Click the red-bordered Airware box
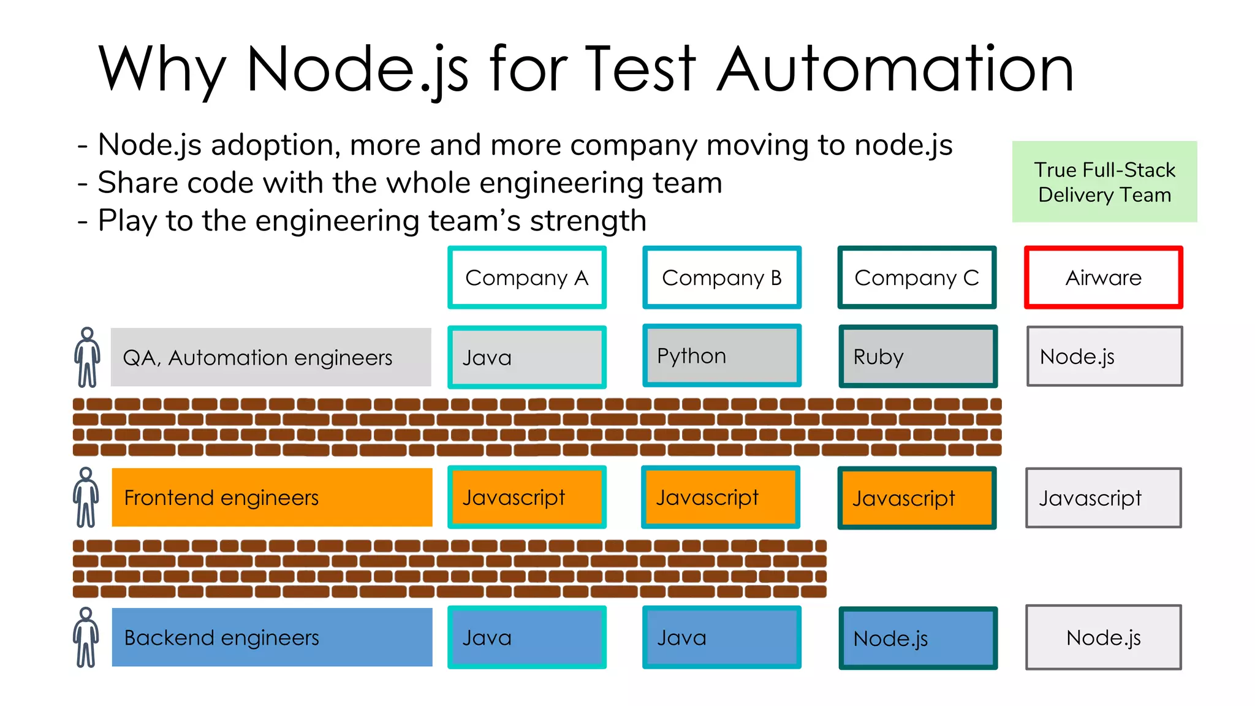click(x=1103, y=278)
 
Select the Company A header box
click(x=527, y=278)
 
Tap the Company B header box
click(x=722, y=278)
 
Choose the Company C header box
click(x=917, y=278)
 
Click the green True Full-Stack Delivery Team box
click(x=1104, y=182)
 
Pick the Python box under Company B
click(x=722, y=356)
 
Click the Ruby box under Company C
click(x=917, y=357)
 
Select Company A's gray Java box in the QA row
click(x=527, y=357)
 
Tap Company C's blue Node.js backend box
click(x=917, y=638)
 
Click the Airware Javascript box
click(x=1103, y=498)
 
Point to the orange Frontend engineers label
click(x=271, y=498)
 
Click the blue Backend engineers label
click(x=271, y=637)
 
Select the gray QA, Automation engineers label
click(x=270, y=357)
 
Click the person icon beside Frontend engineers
click(x=86, y=498)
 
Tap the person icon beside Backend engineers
click(x=86, y=637)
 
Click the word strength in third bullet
click(x=588, y=221)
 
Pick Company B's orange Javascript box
click(x=721, y=497)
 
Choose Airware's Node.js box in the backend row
click(x=1103, y=637)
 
